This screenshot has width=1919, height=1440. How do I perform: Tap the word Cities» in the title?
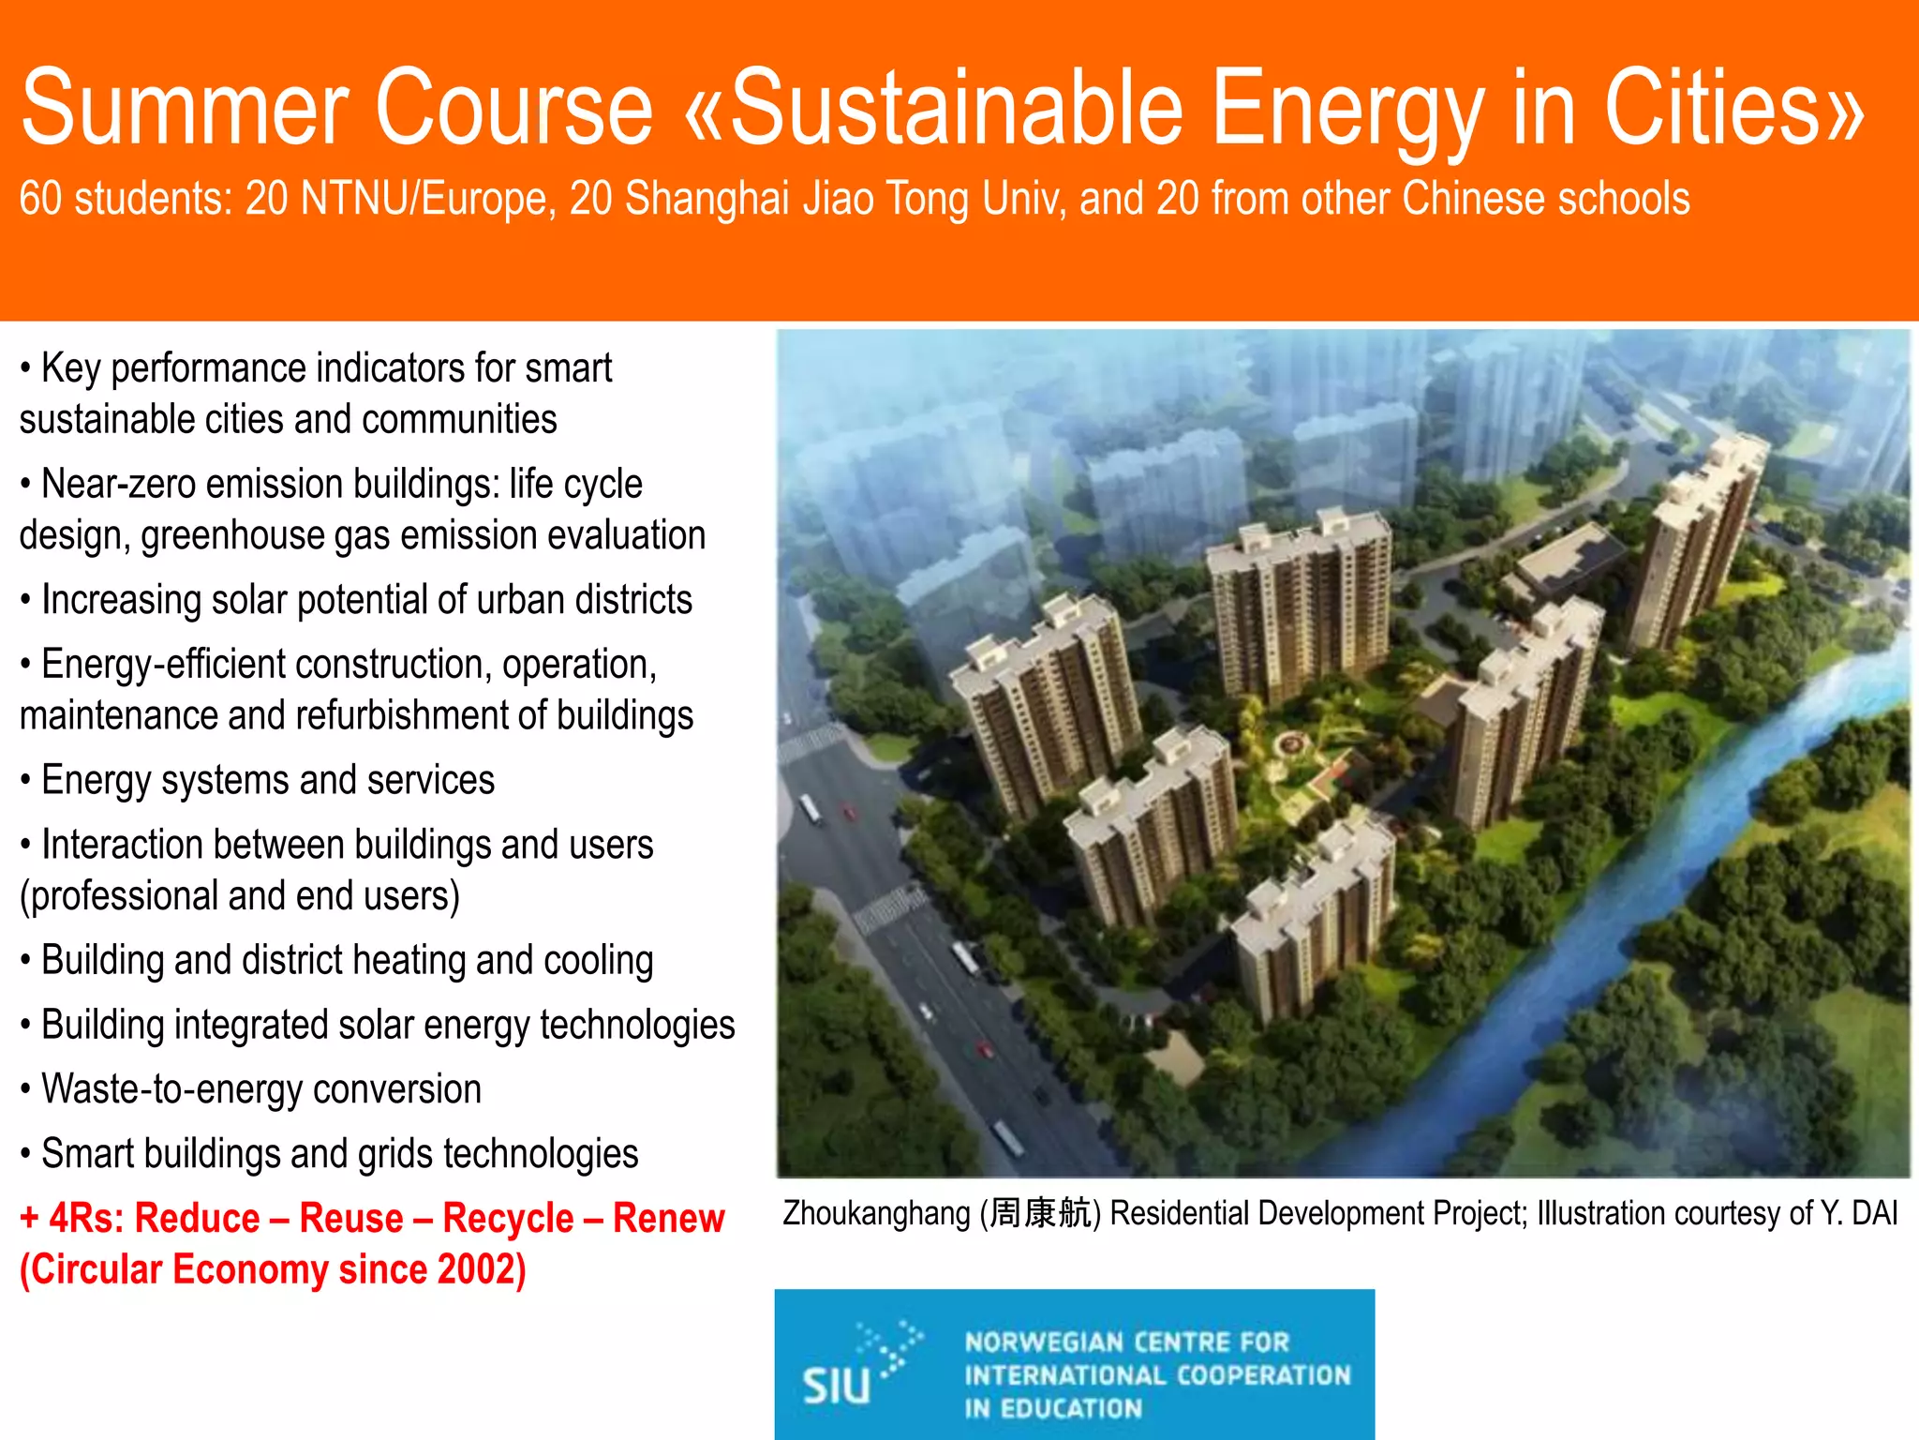click(1734, 108)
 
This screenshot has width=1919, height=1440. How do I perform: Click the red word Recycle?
click(508, 1219)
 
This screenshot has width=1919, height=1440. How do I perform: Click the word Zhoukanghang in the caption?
click(876, 1214)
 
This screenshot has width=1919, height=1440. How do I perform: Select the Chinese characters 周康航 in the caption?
click(1040, 1214)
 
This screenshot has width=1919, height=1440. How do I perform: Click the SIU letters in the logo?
click(837, 1386)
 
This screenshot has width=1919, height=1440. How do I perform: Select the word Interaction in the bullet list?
click(122, 845)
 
